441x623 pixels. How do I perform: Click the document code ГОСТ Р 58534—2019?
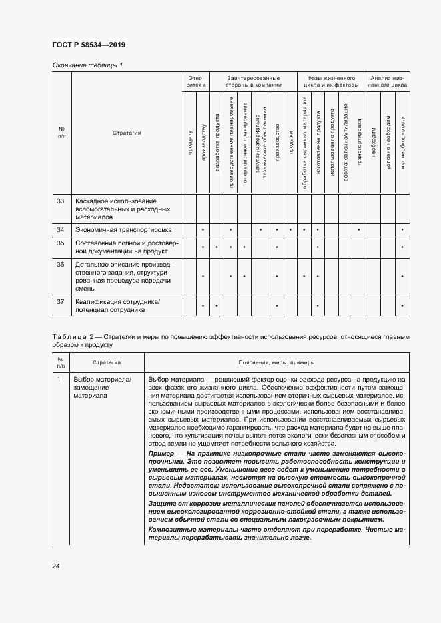pos(88,45)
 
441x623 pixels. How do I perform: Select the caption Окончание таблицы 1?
pos(87,65)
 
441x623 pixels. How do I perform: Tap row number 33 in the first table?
pos(61,201)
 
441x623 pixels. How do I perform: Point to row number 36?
pos(61,265)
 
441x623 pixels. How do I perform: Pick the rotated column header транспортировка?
pos(359,142)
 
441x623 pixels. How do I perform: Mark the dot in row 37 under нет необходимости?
pos(402,306)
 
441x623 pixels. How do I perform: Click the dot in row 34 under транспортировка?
pos(359,230)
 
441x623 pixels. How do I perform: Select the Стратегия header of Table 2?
pos(106,362)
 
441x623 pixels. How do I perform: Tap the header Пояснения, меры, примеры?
pos(276,362)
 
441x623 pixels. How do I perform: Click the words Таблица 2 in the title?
pos(75,337)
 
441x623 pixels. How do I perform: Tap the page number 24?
pos(56,566)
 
